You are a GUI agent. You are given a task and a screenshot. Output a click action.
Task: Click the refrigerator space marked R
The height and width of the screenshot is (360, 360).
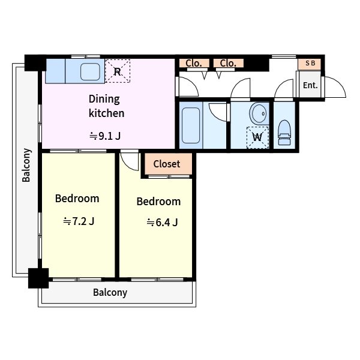tap(118, 71)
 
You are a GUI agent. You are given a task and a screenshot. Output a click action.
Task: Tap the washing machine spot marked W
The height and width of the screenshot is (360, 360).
tap(257, 137)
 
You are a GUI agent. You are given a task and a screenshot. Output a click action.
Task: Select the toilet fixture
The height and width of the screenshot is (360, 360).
tap(284, 133)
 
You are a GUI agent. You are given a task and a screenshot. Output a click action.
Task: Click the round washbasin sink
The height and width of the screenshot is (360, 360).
tap(259, 114)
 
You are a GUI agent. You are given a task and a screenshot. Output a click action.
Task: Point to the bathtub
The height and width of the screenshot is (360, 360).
tap(191, 125)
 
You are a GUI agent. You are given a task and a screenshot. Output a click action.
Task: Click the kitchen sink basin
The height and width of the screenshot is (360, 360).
tap(90, 71)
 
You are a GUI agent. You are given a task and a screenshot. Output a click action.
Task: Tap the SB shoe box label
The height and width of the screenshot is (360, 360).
tap(310, 63)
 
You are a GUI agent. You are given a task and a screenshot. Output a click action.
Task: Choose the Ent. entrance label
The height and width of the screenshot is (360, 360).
tap(310, 85)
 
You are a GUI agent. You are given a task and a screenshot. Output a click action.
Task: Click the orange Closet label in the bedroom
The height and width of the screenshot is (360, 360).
tap(167, 164)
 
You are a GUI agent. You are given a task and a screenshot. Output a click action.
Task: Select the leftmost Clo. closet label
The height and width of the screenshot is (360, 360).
tap(194, 63)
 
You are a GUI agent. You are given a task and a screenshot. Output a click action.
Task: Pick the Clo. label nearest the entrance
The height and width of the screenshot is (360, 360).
tap(228, 63)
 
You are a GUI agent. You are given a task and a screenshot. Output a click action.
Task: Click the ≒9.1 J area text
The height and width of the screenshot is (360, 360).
tap(105, 136)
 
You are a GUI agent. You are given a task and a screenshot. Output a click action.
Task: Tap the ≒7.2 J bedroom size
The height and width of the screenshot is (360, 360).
tap(79, 221)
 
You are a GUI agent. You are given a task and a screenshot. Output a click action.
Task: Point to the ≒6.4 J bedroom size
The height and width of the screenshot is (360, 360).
tap(162, 222)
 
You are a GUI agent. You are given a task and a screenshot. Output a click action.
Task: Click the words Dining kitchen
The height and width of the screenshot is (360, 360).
tap(107, 106)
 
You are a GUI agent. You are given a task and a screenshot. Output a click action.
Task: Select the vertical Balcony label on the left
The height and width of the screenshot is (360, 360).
tap(26, 166)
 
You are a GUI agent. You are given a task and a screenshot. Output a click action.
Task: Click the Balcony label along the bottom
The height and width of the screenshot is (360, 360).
tap(110, 293)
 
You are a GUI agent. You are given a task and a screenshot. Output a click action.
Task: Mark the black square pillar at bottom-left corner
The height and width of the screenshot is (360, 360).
tap(38, 278)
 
